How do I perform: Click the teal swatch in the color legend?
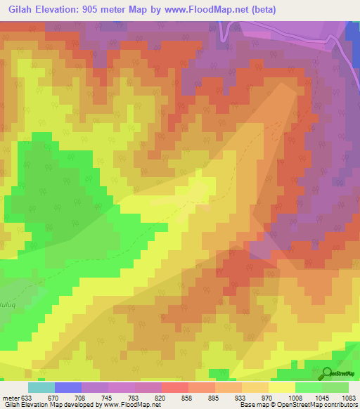tap(41, 387)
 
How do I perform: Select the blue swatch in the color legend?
tap(67, 387)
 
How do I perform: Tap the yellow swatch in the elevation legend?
tap(281, 387)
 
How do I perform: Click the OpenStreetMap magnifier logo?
tap(328, 373)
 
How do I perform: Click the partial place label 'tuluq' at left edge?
tap(7, 287)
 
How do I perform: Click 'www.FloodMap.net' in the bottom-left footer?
tap(132, 405)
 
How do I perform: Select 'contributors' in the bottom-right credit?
tap(341, 405)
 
